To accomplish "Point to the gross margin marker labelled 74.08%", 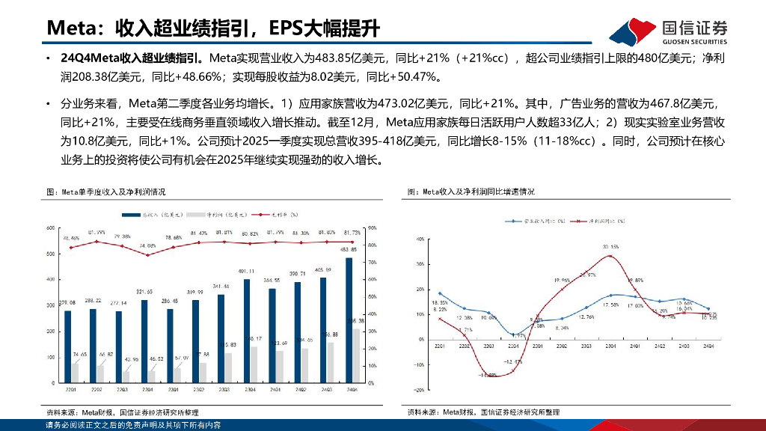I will pos(147,255).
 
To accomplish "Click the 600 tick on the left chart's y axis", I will pos(51,227).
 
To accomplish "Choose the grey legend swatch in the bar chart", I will pos(199,214).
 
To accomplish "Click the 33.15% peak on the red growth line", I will pos(610,256).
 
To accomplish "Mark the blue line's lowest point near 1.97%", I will pos(513,334).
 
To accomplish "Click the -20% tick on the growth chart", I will pos(419,390).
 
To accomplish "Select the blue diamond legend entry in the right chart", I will pos(515,222).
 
